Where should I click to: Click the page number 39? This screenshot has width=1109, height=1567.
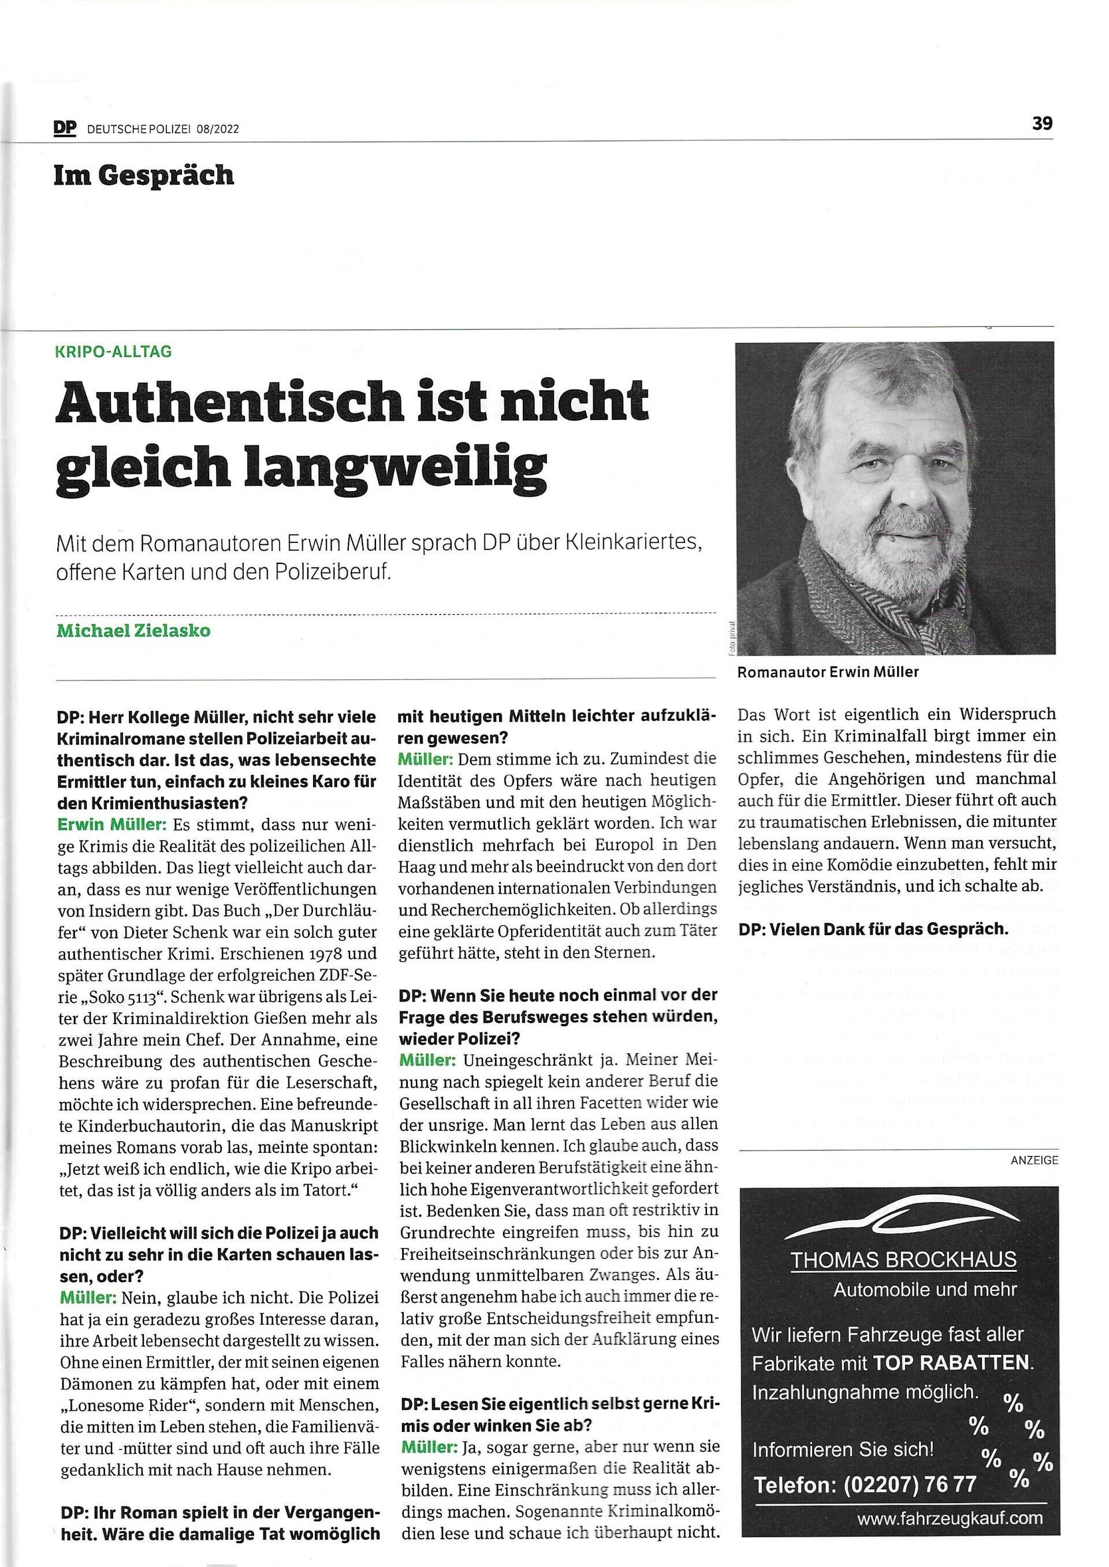click(1042, 124)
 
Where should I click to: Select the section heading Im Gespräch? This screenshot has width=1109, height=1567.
click(144, 176)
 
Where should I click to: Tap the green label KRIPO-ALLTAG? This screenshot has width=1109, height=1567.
click(113, 352)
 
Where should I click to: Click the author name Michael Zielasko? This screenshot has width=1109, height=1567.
click(133, 630)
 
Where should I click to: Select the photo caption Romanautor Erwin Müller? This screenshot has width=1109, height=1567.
click(828, 672)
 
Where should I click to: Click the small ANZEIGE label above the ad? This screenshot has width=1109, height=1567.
click(1034, 1159)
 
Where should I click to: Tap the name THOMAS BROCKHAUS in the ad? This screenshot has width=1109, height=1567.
click(903, 1260)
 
